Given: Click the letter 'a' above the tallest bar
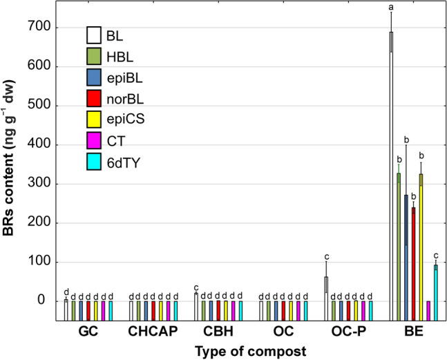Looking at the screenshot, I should point(391,8).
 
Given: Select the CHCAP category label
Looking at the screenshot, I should point(153,332).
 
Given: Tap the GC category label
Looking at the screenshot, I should point(88,332).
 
